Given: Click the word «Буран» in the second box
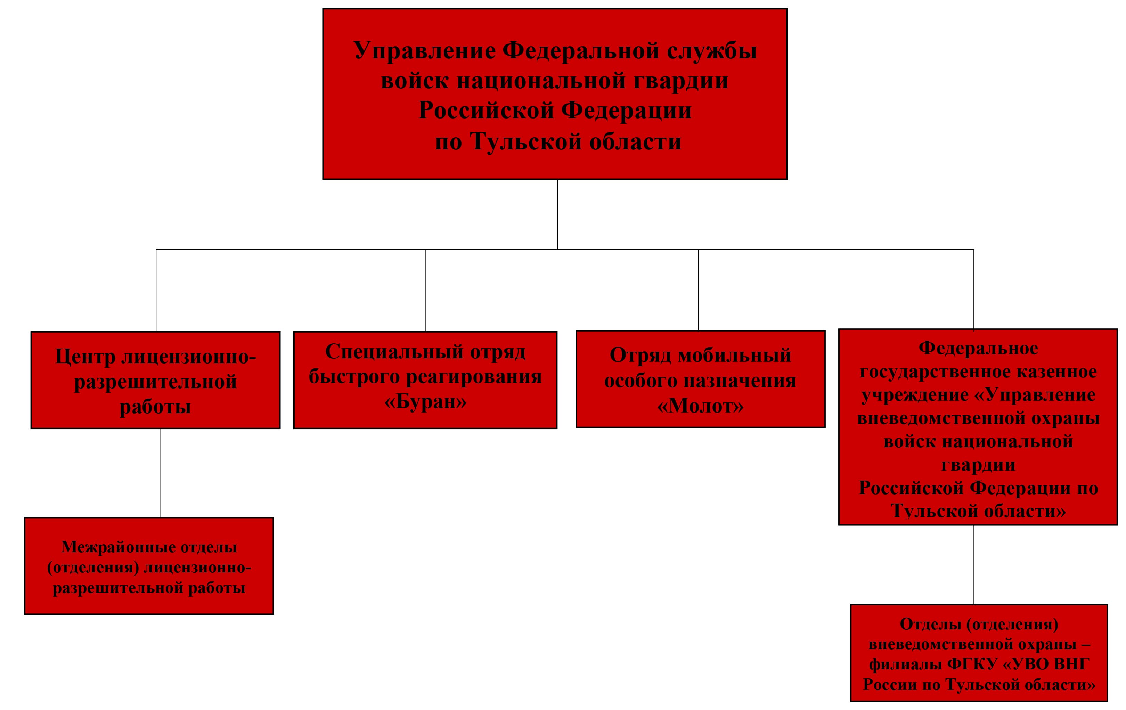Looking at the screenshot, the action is (x=425, y=401).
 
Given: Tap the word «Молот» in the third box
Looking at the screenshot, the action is (x=700, y=406).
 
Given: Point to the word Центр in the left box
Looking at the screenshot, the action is (x=85, y=357).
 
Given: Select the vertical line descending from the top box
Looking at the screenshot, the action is (x=557, y=214).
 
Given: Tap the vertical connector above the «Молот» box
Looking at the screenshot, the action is (x=698, y=290).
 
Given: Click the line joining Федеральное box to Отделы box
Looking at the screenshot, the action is (x=973, y=564).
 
